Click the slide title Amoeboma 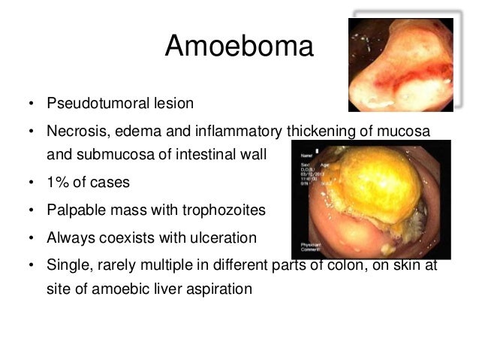(x=238, y=47)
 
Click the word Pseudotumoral (x=92, y=102)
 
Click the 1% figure (x=58, y=183)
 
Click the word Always (x=70, y=238)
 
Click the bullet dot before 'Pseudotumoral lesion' (x=31, y=103)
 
